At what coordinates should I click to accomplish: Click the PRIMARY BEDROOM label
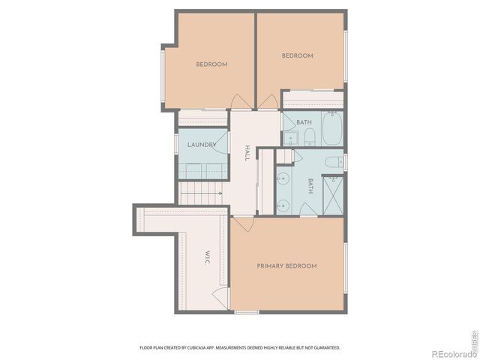click(286, 266)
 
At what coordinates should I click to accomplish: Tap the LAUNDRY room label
click(202, 145)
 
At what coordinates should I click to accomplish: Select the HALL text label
click(246, 154)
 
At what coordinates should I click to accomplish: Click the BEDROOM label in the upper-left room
click(211, 64)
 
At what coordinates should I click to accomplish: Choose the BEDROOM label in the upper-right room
click(297, 55)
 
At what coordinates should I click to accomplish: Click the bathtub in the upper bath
click(331, 128)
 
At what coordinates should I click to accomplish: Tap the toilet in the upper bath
click(309, 136)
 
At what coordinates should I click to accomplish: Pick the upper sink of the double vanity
click(283, 178)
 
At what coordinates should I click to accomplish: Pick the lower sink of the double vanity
click(283, 205)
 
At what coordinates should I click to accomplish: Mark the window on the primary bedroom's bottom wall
click(247, 311)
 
